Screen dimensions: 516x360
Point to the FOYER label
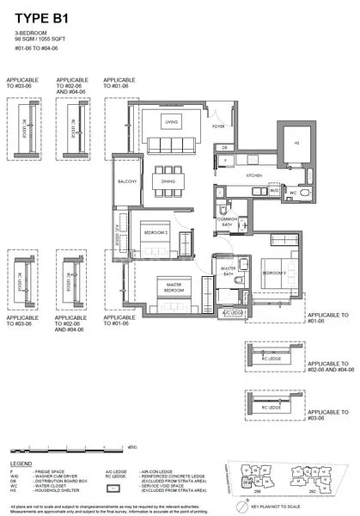219,126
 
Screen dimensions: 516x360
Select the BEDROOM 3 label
272,272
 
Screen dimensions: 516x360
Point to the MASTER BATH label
229,272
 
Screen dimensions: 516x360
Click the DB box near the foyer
224,148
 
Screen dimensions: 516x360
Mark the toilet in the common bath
222,209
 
